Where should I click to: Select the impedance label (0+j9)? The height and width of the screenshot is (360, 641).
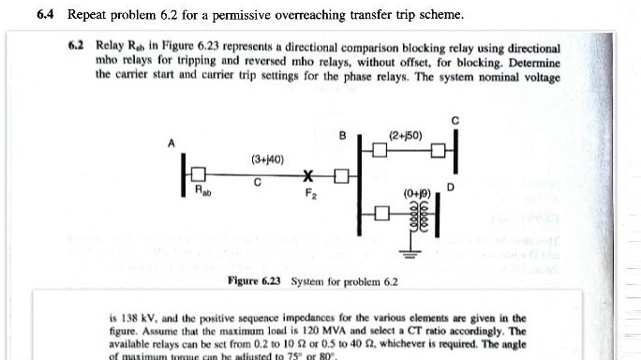point(417,195)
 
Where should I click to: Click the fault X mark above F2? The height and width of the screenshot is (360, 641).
point(306,176)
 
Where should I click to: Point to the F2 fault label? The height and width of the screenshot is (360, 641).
point(310,195)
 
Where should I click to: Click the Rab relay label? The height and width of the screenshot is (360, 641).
point(201,192)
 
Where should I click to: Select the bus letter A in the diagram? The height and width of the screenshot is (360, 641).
point(171,142)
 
